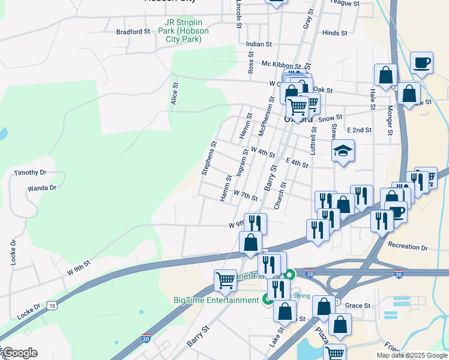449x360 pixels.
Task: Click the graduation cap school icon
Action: pyautogui.click(x=343, y=151)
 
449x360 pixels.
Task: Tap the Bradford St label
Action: pyautogui.click(x=133, y=32)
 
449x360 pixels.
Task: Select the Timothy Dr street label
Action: pyautogui.click(x=31, y=173)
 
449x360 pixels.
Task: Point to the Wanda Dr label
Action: pyautogui.click(x=42, y=188)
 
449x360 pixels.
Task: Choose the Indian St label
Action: pyautogui.click(x=259, y=44)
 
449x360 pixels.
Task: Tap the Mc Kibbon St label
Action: pyautogui.click(x=281, y=64)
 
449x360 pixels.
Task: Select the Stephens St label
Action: pyautogui.click(x=208, y=158)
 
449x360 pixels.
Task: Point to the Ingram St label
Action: pyautogui.click(x=242, y=164)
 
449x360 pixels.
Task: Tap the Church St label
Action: pyautogui.click(x=280, y=196)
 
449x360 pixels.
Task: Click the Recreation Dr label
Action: pyautogui.click(x=408, y=247)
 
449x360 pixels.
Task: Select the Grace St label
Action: pyautogui.click(x=358, y=305)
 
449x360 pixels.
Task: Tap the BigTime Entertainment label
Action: pyautogui.click(x=216, y=300)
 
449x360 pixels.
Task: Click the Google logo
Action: pyautogui.click(x=20, y=353)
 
